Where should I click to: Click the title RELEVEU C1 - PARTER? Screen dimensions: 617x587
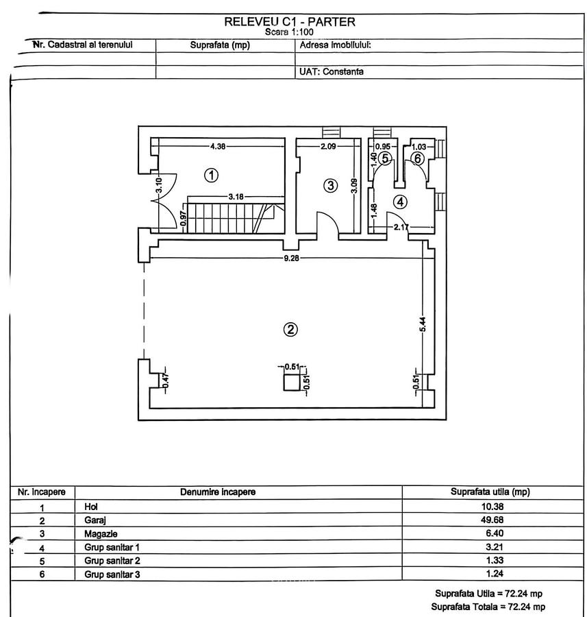click(290, 21)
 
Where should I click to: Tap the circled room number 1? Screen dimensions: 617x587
click(212, 175)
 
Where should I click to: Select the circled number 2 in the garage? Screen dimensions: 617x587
click(290, 329)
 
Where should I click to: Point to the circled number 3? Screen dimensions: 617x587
click(330, 185)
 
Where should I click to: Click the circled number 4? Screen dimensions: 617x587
click(400, 202)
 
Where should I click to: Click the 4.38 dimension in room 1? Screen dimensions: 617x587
click(217, 146)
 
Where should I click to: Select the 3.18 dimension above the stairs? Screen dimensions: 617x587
click(236, 197)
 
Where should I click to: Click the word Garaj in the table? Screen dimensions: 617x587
click(94, 520)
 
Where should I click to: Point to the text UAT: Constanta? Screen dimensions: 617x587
click(331, 71)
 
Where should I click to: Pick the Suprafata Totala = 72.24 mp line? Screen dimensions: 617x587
click(488, 607)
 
